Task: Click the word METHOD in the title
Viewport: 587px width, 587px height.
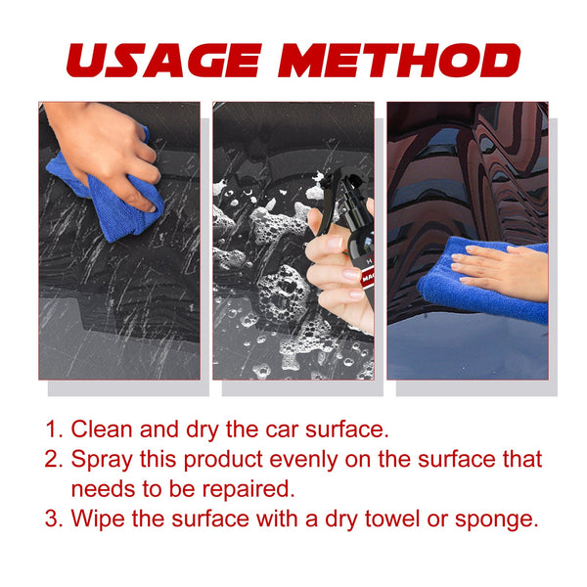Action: click(x=398, y=61)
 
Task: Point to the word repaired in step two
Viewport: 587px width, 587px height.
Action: click(x=257, y=487)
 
